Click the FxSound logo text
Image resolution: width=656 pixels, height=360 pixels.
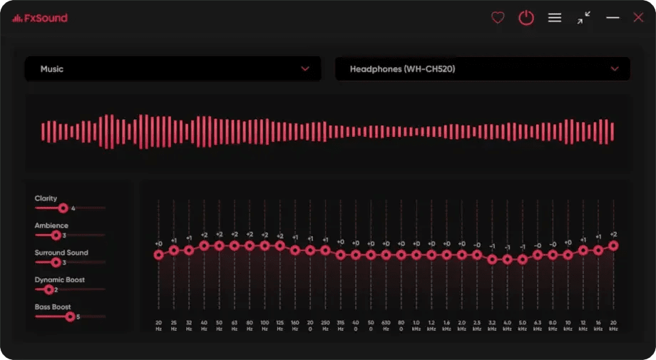[44, 18]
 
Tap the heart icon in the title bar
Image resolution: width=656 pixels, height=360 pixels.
[498, 18]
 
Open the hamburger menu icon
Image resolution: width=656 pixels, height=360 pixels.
[555, 18]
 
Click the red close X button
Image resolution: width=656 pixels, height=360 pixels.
[638, 18]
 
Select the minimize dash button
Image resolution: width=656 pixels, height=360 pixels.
[613, 18]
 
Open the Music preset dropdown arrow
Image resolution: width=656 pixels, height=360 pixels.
[305, 69]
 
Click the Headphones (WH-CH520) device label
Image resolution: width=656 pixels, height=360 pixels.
[402, 69]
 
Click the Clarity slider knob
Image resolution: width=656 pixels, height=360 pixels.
[63, 208]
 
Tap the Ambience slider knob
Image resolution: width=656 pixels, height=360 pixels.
[56, 235]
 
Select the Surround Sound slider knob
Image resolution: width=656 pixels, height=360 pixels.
[56, 262]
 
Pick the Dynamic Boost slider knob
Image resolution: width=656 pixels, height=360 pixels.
[48, 289]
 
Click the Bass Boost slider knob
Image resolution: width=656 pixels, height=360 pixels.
[70, 317]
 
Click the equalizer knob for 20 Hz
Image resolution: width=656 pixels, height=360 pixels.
[158, 254]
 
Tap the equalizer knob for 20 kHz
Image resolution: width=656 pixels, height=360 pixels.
[613, 245]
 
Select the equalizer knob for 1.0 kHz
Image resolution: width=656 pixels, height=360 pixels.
[416, 254]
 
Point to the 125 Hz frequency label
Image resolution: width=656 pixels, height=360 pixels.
[280, 326]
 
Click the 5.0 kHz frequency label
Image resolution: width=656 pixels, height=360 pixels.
[523, 326]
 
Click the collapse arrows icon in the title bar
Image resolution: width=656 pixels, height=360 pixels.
[584, 18]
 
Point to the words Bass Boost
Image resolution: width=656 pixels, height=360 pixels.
[53, 307]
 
